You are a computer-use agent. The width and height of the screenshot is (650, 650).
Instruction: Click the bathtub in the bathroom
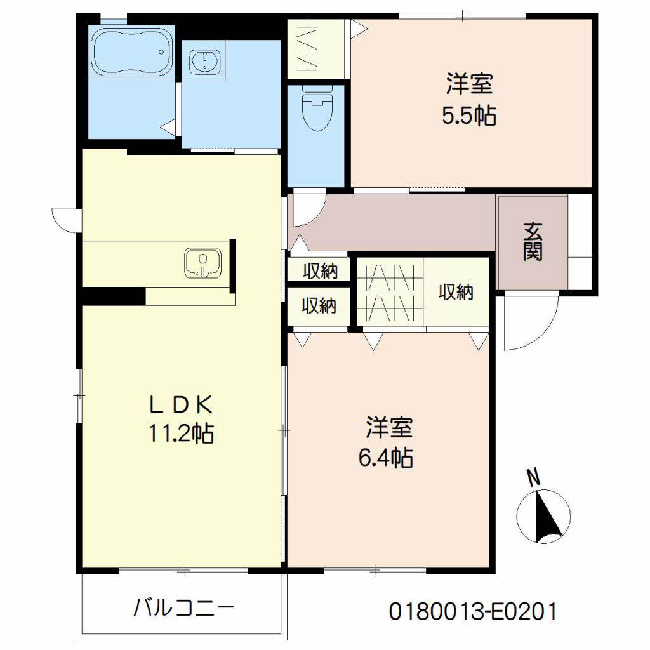point(131,53)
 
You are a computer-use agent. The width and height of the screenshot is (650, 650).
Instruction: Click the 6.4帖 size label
point(388,457)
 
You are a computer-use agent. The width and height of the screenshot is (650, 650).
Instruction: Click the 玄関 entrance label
point(533,242)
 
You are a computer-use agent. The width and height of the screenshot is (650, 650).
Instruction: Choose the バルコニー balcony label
point(183,609)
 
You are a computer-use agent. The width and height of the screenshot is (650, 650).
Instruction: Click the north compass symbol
point(543,516)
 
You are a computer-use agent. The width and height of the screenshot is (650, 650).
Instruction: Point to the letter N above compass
point(534,478)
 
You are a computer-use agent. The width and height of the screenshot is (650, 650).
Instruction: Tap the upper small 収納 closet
point(319,271)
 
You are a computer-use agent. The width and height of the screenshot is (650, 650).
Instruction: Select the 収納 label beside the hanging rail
point(456,292)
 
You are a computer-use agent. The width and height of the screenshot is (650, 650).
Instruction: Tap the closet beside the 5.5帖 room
point(315,48)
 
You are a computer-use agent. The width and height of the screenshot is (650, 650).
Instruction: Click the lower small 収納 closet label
point(319,307)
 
